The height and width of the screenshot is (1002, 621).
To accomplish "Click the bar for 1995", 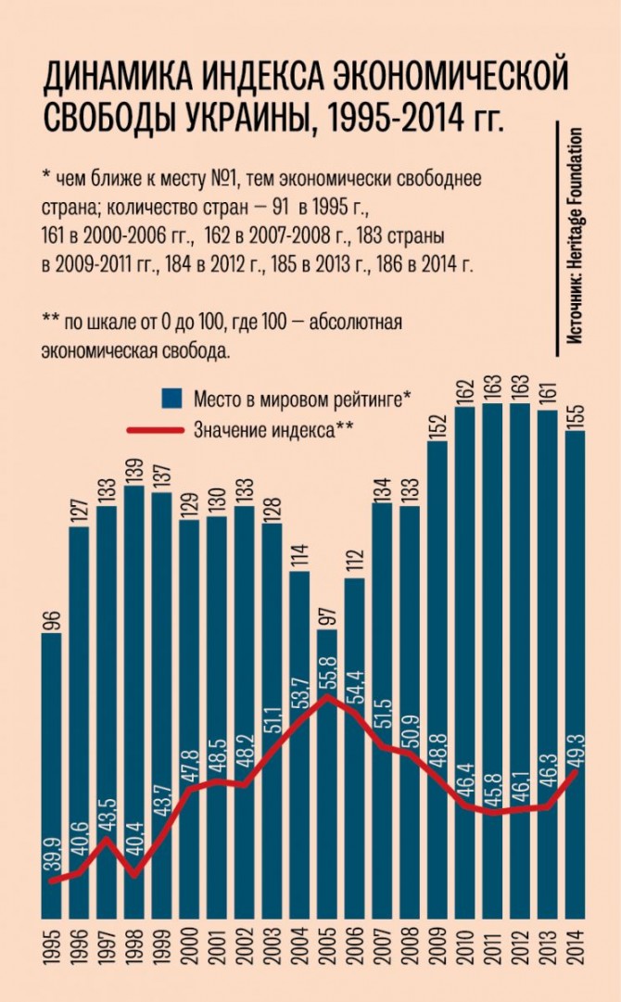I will tap(53, 769).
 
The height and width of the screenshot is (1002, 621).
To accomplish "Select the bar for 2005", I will tap(327, 769).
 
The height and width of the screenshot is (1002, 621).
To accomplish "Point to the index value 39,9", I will tap(52, 850).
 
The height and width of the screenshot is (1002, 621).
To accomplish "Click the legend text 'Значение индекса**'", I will tap(274, 428).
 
